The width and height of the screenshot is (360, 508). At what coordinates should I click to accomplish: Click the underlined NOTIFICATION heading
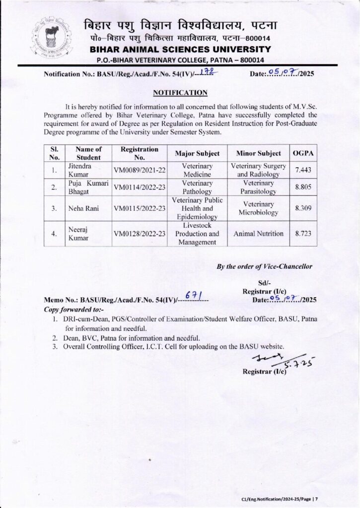click(180, 93)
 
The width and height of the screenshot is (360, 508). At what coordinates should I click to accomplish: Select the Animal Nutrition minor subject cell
click(259, 233)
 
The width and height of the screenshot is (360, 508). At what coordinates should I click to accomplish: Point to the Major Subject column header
click(197, 153)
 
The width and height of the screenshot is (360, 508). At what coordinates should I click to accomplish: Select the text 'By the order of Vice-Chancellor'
click(265, 266)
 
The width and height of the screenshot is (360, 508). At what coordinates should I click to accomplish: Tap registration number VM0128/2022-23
click(140, 233)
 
